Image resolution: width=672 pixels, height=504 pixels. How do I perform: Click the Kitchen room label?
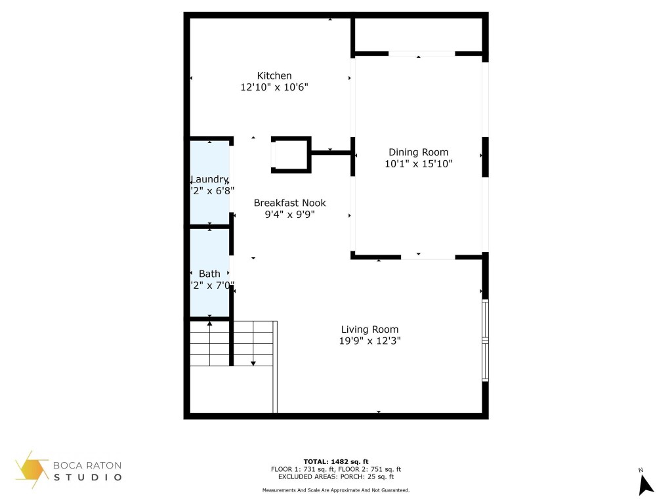[x=274, y=75]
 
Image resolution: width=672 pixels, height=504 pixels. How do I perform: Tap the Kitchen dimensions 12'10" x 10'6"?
[x=274, y=87]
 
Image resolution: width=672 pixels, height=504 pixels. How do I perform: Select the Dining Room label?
[x=418, y=152]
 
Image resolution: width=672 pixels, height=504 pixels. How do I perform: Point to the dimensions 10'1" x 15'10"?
[x=418, y=163]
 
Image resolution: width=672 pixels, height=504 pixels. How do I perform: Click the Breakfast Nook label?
[x=289, y=203]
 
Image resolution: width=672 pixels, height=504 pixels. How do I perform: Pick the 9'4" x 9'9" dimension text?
[x=289, y=214]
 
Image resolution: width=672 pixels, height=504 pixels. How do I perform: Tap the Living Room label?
[x=369, y=329]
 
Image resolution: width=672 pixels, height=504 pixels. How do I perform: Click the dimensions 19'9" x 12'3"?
[x=369, y=341]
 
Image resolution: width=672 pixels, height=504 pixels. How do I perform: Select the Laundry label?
[x=209, y=179]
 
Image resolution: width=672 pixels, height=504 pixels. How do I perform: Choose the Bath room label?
[x=209, y=274]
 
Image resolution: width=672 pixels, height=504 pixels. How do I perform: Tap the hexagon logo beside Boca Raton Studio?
[x=31, y=469]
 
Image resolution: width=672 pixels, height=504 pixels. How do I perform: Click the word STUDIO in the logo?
[x=87, y=477]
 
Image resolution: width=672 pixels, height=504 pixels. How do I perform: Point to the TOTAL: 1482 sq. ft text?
[x=336, y=461]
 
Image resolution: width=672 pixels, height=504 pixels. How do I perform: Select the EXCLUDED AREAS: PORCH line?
[x=336, y=477]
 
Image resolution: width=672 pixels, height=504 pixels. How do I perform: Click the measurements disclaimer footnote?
[x=336, y=490]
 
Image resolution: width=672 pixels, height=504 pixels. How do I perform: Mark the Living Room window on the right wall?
[x=485, y=341]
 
